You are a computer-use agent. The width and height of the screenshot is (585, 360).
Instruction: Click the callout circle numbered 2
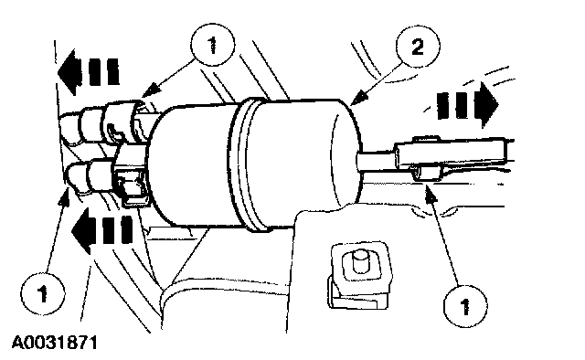[418, 47]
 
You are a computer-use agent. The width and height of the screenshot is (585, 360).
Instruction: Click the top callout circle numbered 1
[213, 46]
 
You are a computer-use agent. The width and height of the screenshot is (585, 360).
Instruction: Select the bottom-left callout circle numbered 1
[43, 294]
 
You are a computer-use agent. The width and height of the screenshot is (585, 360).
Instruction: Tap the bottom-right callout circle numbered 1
[465, 307]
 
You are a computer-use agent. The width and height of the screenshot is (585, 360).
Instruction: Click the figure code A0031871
[55, 343]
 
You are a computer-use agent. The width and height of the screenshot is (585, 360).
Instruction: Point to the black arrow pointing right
[467, 104]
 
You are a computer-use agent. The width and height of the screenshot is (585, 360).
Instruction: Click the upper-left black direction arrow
[89, 71]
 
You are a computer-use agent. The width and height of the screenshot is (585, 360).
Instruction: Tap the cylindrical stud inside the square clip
[359, 261]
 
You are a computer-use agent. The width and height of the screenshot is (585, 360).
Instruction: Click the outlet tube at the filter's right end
[374, 161]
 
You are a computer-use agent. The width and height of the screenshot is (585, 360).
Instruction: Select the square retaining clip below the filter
[359, 275]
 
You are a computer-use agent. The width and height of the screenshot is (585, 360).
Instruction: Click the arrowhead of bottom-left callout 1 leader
[66, 196]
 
